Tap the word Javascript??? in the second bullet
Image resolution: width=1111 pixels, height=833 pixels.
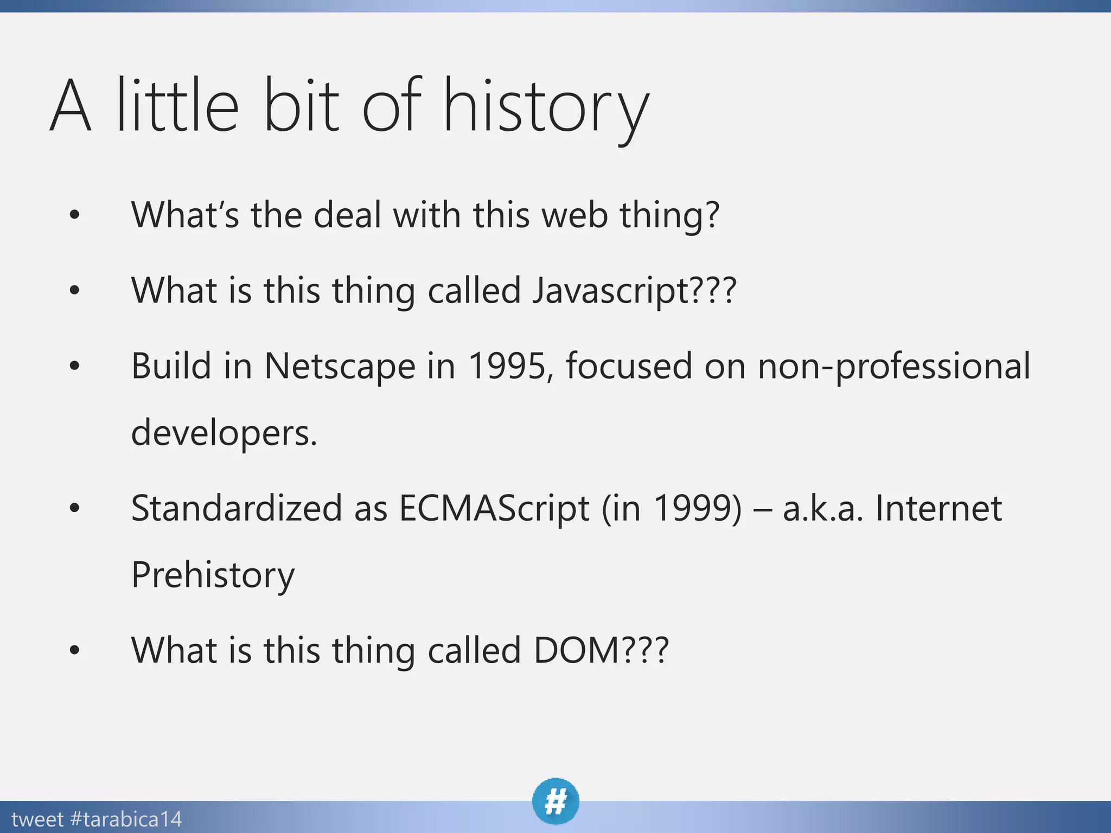pyautogui.click(x=634, y=291)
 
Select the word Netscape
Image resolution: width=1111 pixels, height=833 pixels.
pyautogui.click(x=340, y=366)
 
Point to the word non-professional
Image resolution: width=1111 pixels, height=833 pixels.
pyautogui.click(x=893, y=366)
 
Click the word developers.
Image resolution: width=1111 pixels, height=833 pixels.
pyautogui.click(x=224, y=433)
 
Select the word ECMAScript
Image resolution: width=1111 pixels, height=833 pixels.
pyautogui.click(x=494, y=509)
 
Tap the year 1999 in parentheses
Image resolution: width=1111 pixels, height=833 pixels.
pyautogui.click(x=697, y=509)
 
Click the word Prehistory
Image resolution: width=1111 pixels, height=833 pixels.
pyautogui.click(x=213, y=575)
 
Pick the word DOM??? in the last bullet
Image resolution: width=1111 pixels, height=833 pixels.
pyautogui.click(x=601, y=650)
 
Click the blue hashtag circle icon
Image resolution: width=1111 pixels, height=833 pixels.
pyautogui.click(x=555, y=801)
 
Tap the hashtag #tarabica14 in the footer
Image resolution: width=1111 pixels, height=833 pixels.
pyautogui.click(x=126, y=819)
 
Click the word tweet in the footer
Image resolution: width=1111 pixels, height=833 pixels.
pyautogui.click(x=37, y=819)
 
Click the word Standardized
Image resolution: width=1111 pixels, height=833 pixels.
pyautogui.click(x=237, y=509)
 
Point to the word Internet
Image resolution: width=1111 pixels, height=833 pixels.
pyautogui.click(x=938, y=509)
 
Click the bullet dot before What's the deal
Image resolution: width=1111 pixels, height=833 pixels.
pyautogui.click(x=75, y=215)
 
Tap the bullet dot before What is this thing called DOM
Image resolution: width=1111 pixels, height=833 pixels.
pyautogui.click(x=75, y=650)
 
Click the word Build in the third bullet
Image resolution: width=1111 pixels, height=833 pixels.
pyautogui.click(x=171, y=366)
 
